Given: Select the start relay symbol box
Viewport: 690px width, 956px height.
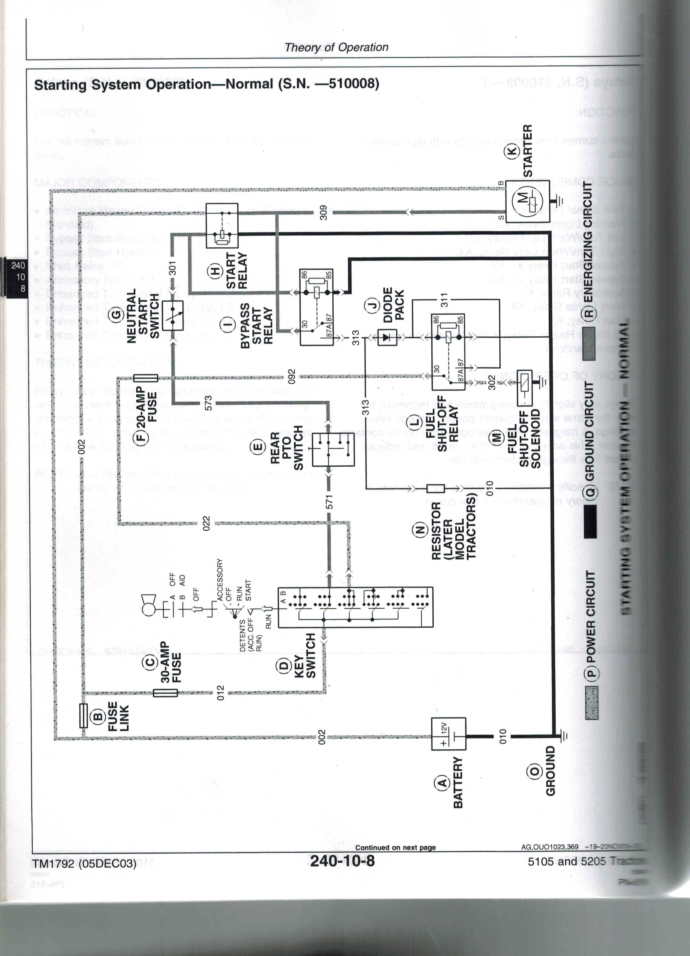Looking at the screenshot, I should (222, 226).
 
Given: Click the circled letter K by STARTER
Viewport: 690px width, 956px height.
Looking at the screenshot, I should (513, 151).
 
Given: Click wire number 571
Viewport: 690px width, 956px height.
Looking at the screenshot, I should (330, 502).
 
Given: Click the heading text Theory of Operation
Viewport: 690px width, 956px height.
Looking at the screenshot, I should (336, 47).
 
